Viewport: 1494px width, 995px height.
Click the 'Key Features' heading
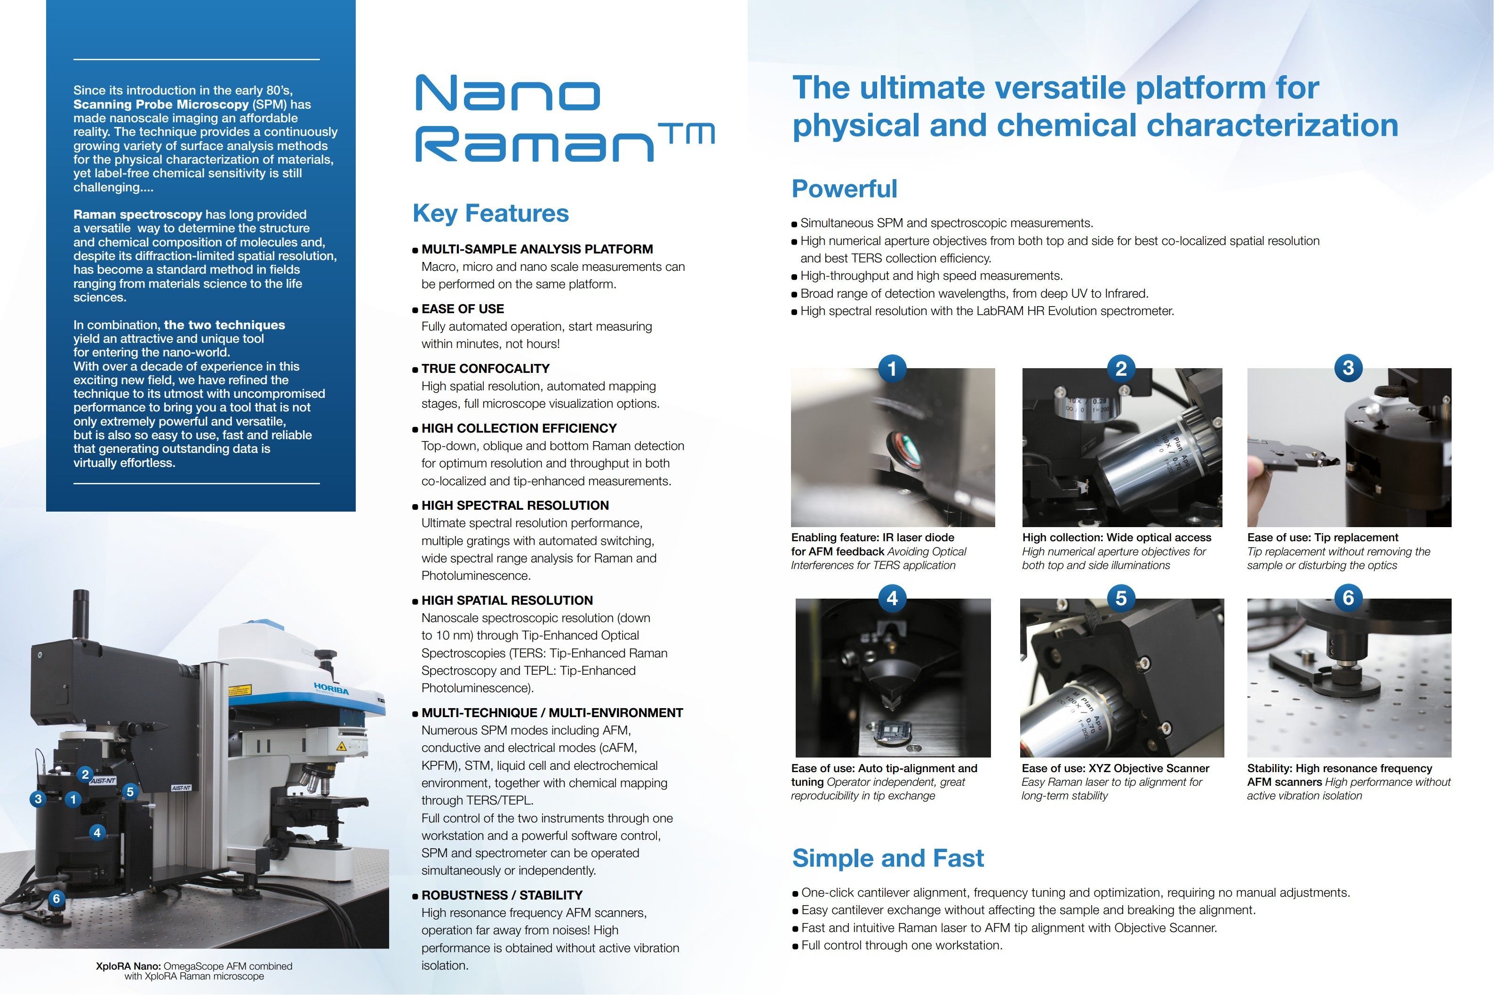pos(490,213)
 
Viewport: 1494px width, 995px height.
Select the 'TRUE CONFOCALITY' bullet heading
pos(485,369)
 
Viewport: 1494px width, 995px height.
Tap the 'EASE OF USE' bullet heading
pos(462,309)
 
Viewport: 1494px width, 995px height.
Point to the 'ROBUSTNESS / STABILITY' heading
pos(502,895)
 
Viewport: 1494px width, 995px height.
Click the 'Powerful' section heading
pos(844,189)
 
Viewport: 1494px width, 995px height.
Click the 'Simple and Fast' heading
pos(887,859)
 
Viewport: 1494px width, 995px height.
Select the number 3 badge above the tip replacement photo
pos(1348,368)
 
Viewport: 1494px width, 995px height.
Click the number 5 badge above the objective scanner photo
pos(1121,598)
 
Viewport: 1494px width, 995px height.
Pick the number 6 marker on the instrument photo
pos(56,899)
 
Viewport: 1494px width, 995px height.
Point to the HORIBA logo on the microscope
pos(331,688)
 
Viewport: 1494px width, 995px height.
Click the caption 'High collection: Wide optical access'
pos(1116,537)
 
